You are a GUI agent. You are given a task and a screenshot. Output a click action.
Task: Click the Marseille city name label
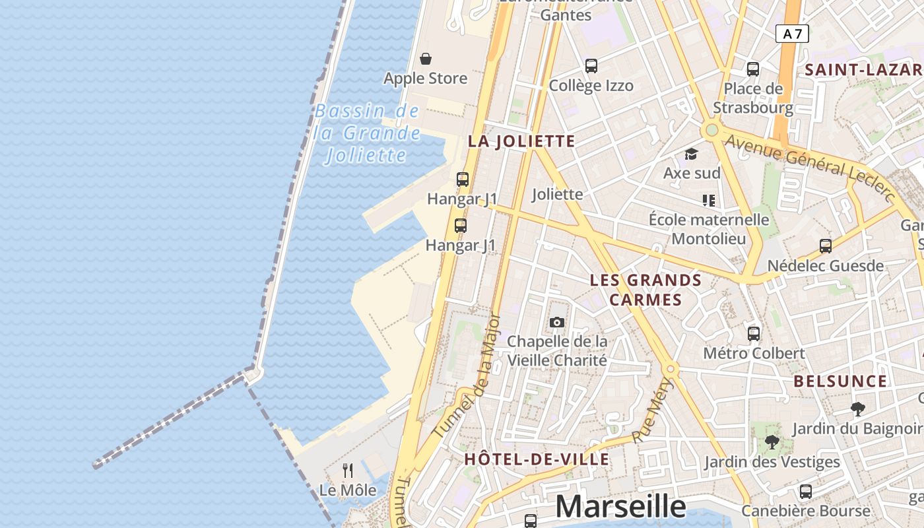click(620, 506)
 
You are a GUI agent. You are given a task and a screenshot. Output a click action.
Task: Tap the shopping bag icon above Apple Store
click(426, 59)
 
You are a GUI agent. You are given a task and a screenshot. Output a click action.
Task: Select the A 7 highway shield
click(792, 34)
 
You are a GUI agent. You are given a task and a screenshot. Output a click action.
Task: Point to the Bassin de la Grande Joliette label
click(367, 133)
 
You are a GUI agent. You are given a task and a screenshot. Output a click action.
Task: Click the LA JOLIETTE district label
click(521, 141)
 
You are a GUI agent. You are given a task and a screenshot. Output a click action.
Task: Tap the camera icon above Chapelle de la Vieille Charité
click(557, 322)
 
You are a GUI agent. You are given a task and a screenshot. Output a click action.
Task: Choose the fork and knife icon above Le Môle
click(348, 471)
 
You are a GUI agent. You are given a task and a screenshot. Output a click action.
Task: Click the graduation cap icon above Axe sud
click(691, 154)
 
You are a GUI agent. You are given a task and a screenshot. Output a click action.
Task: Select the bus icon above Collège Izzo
click(591, 66)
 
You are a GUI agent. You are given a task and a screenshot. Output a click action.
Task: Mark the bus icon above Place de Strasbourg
click(753, 69)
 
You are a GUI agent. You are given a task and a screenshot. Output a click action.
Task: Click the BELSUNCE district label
click(840, 381)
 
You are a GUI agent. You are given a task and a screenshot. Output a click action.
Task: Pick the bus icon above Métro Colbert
click(754, 334)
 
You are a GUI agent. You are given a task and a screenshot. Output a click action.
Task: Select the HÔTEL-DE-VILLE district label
click(537, 459)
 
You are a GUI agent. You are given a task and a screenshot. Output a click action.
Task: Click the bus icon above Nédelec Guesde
click(826, 246)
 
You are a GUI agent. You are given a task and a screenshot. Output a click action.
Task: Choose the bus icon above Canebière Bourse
click(806, 491)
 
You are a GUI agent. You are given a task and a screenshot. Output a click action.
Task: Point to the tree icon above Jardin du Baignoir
click(858, 409)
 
